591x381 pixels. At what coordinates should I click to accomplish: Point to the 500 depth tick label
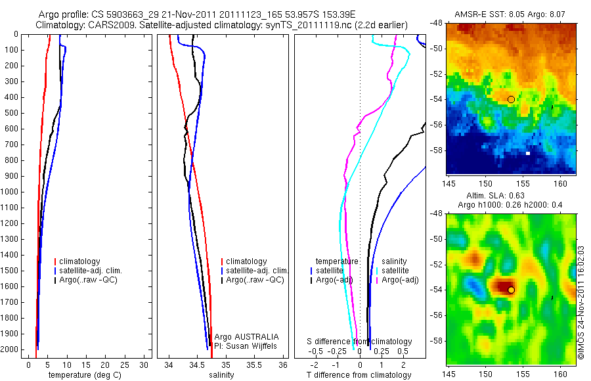tap(12, 113)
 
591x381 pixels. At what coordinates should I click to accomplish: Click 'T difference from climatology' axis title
tap(359, 375)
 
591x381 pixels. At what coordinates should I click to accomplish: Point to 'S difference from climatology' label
tap(360, 342)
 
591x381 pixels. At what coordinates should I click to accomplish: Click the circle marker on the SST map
tap(511, 99)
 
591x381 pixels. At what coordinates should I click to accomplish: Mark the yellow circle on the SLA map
tap(511, 290)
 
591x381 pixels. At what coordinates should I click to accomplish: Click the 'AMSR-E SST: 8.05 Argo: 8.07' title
tap(511, 14)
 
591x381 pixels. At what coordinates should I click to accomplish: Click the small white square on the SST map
tap(528, 153)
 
